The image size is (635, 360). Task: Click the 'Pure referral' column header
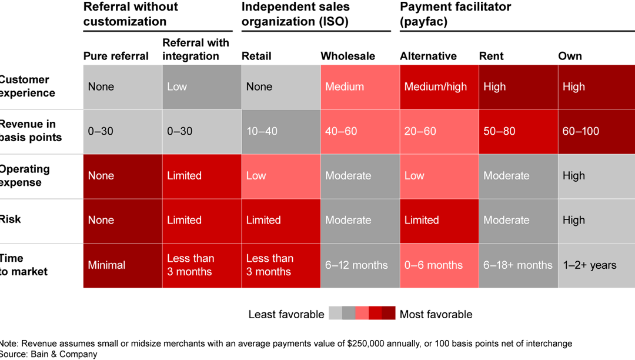116,56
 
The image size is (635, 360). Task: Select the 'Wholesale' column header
347,56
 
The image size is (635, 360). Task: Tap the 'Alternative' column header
428,56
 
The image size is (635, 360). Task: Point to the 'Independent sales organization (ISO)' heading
295,14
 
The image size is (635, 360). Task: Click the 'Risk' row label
11,219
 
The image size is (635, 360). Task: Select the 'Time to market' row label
24,265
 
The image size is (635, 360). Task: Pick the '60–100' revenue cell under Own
596,131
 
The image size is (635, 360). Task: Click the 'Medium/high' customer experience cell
439,87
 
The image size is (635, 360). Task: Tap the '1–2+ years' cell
596,265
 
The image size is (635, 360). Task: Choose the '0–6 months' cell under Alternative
439,265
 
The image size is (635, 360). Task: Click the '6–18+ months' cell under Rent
518,265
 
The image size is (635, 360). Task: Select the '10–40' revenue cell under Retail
280,131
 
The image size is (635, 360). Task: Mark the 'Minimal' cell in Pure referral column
122,265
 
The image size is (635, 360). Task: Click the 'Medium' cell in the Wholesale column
359,87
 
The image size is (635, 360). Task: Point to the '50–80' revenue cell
518,131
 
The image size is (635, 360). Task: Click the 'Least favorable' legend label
286,315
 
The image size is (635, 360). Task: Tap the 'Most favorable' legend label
436,315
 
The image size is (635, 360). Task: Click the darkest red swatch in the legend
388,314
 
